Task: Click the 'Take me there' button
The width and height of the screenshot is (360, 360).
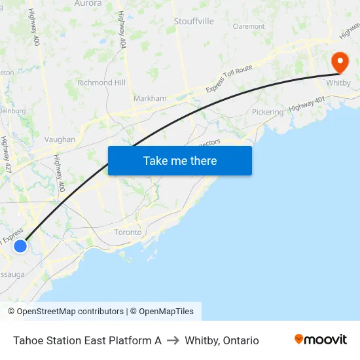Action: click(x=179, y=160)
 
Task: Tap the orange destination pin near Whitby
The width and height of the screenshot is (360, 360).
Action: click(x=340, y=63)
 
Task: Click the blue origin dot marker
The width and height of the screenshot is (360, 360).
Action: click(x=20, y=246)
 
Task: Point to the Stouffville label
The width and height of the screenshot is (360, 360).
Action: click(x=194, y=22)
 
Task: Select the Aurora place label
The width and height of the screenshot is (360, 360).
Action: click(x=88, y=3)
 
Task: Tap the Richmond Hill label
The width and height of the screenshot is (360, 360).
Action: click(x=101, y=83)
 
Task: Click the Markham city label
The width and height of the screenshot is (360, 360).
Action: click(x=150, y=98)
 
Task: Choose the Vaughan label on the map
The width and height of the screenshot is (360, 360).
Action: click(x=60, y=139)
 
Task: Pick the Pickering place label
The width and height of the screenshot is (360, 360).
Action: click(x=268, y=112)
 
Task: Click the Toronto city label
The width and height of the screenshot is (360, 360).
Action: click(x=128, y=232)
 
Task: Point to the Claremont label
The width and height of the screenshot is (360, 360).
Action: click(x=249, y=27)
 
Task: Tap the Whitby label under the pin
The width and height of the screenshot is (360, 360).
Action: click(x=338, y=83)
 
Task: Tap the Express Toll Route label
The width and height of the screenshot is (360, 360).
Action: click(x=229, y=79)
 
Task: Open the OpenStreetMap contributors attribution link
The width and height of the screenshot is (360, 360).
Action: click(x=70, y=312)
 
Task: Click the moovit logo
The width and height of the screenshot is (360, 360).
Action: click(x=321, y=340)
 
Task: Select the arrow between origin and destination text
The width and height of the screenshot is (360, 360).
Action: click(x=173, y=340)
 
